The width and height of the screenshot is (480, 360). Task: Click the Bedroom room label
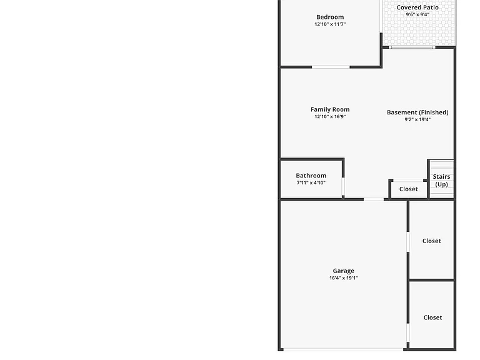[330, 17]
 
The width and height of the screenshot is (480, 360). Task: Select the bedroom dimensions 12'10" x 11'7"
[330, 24]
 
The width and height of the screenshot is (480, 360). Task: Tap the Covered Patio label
[417, 7]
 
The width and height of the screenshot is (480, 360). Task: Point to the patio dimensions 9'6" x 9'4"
[417, 14]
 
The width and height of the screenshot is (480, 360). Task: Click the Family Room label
[330, 109]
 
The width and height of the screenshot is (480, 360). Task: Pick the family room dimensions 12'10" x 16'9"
[330, 117]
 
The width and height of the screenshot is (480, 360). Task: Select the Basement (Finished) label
[417, 112]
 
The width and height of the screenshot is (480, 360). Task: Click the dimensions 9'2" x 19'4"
[417, 120]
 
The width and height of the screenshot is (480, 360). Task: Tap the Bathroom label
[311, 176]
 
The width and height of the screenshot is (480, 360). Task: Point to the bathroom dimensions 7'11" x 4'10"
[311, 182]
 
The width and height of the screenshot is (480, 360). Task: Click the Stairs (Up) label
[441, 181]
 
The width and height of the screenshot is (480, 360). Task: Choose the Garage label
[344, 271]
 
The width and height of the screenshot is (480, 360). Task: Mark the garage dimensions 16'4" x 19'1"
[344, 278]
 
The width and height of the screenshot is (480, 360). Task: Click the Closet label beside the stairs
[409, 189]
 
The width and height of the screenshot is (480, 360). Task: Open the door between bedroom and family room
[331, 67]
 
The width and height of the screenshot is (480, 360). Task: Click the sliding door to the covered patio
[412, 47]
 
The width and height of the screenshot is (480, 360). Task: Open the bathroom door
[343, 186]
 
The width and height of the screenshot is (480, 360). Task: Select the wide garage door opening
[343, 349]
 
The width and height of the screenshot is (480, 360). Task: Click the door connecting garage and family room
[374, 199]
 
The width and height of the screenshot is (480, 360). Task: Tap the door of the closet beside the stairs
[408, 180]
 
